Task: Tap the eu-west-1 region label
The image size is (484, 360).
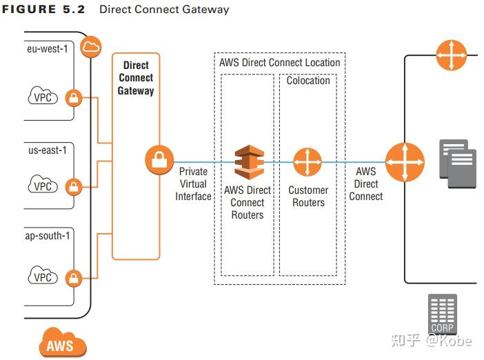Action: point(48,49)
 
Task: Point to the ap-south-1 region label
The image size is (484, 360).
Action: point(48,236)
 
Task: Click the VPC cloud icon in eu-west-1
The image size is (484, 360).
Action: point(43,98)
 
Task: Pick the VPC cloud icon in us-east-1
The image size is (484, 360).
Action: point(43,186)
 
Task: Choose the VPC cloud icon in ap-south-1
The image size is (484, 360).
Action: point(43,277)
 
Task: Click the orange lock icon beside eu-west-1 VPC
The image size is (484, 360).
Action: point(73,99)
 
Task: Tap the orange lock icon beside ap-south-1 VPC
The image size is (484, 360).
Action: point(73,278)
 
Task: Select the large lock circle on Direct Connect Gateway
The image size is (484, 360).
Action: point(159,162)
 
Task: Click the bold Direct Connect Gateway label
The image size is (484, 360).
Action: point(135,78)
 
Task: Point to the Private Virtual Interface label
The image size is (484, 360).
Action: point(193,184)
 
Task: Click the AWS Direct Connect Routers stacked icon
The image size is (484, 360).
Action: point(248,162)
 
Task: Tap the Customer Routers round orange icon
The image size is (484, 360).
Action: point(307,163)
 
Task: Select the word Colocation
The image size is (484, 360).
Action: point(308,81)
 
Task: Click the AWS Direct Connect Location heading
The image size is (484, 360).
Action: point(279,62)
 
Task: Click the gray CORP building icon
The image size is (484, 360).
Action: point(442,314)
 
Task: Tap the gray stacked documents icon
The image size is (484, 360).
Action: point(456,163)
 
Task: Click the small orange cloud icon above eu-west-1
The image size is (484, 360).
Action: point(91,47)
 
